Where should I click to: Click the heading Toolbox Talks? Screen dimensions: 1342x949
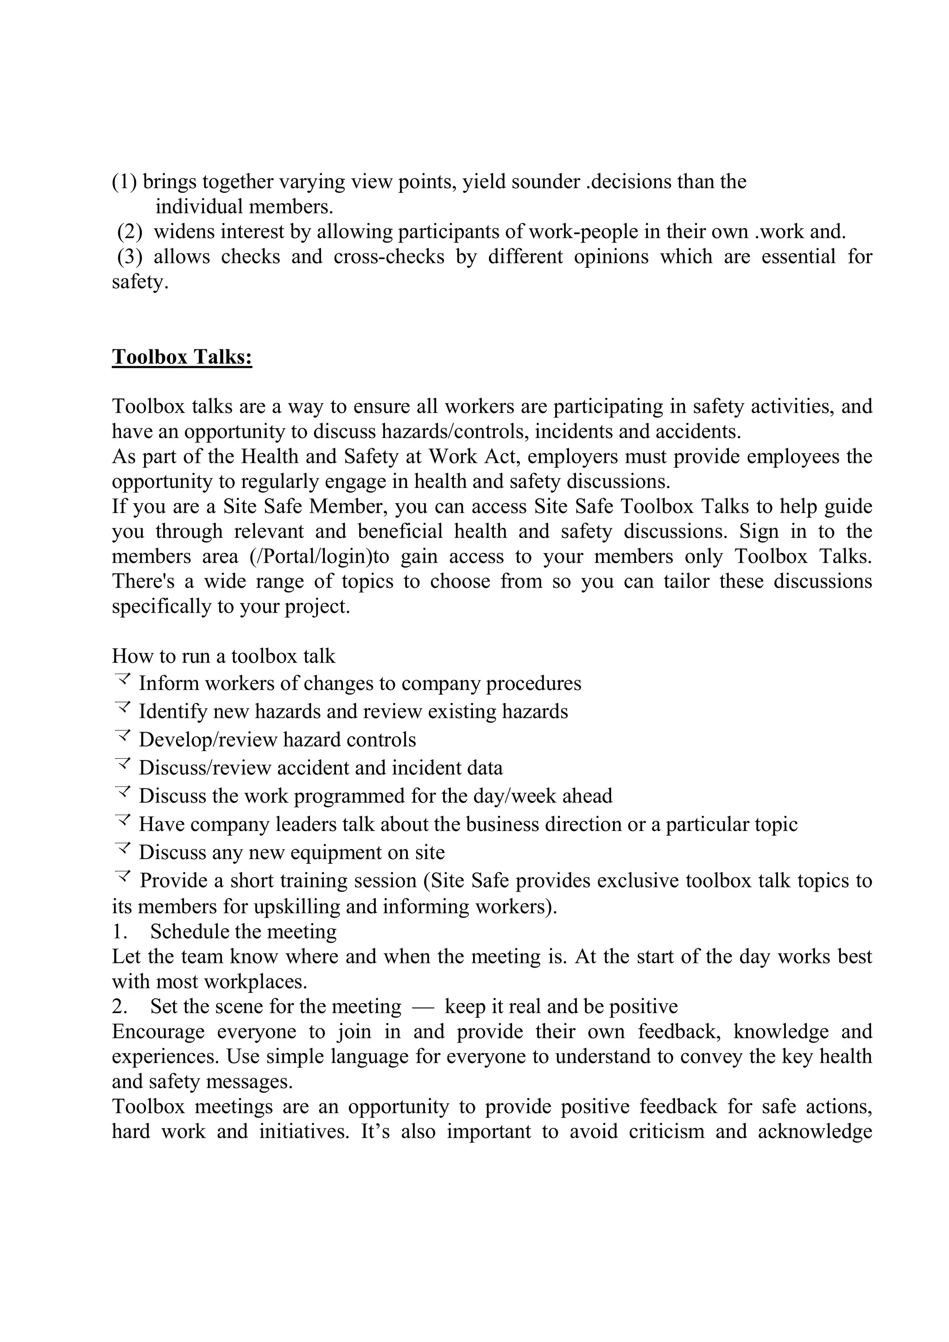pyautogui.click(x=182, y=356)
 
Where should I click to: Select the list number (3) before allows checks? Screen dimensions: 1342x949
pyautogui.click(x=130, y=257)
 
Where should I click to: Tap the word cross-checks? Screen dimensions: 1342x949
pyautogui.click(x=389, y=257)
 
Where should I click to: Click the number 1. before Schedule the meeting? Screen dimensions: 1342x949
pyautogui.click(x=120, y=932)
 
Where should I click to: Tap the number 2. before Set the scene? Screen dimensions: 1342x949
pyautogui.click(x=120, y=1006)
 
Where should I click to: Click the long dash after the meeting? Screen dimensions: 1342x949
pyautogui.click(x=423, y=1007)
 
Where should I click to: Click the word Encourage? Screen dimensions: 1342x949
pyautogui.click(x=158, y=1032)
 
